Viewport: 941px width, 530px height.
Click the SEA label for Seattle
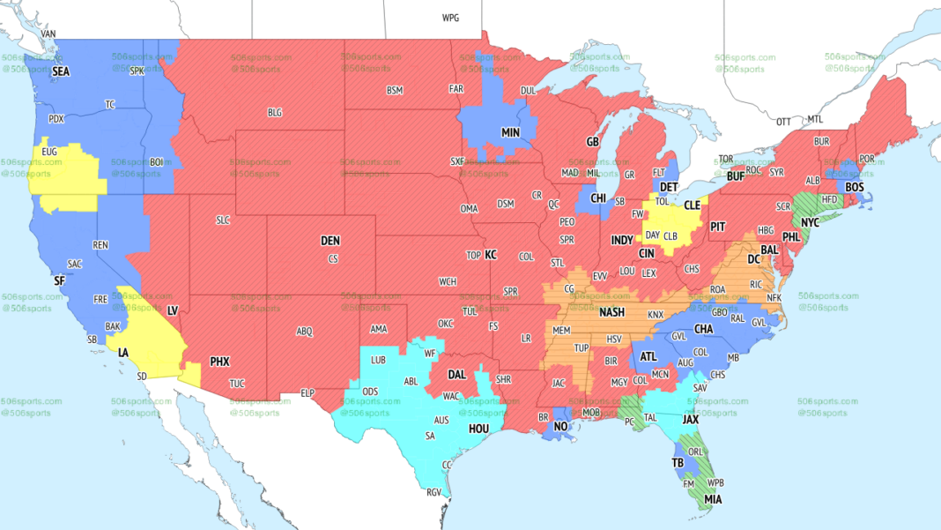tap(60, 71)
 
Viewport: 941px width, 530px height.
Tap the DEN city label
tap(330, 241)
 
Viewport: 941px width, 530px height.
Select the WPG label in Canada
tap(450, 18)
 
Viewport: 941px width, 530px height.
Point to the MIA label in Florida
tap(712, 499)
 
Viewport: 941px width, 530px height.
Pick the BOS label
tap(854, 187)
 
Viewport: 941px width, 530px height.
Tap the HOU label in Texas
tap(478, 428)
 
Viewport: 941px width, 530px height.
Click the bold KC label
tap(491, 255)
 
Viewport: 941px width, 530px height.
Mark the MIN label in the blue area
tap(511, 132)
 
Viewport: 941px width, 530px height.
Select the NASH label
tap(612, 312)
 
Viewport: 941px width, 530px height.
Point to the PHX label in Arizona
tap(219, 361)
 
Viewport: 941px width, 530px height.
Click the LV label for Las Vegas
tap(173, 310)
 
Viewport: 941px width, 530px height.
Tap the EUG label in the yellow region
tap(49, 152)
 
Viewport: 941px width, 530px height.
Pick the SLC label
tap(223, 220)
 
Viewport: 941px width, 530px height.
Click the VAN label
tap(48, 34)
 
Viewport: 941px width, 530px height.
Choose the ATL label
tap(648, 356)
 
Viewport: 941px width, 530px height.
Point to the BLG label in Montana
tap(275, 112)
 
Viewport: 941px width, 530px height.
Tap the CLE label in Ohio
tap(692, 205)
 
